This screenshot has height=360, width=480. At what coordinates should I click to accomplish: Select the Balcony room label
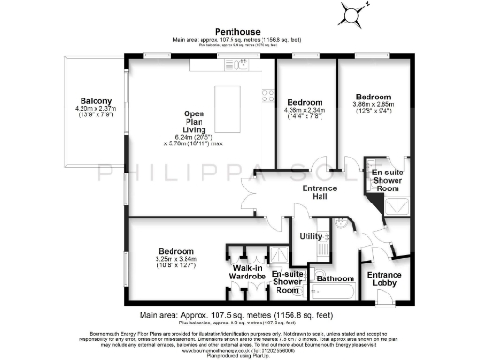(x=95, y=101)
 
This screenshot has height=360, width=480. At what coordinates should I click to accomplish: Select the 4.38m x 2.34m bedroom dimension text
(x=307, y=111)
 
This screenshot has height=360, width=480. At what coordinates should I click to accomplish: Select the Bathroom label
(x=335, y=278)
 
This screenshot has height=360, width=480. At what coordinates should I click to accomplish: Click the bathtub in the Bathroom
(x=335, y=292)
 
